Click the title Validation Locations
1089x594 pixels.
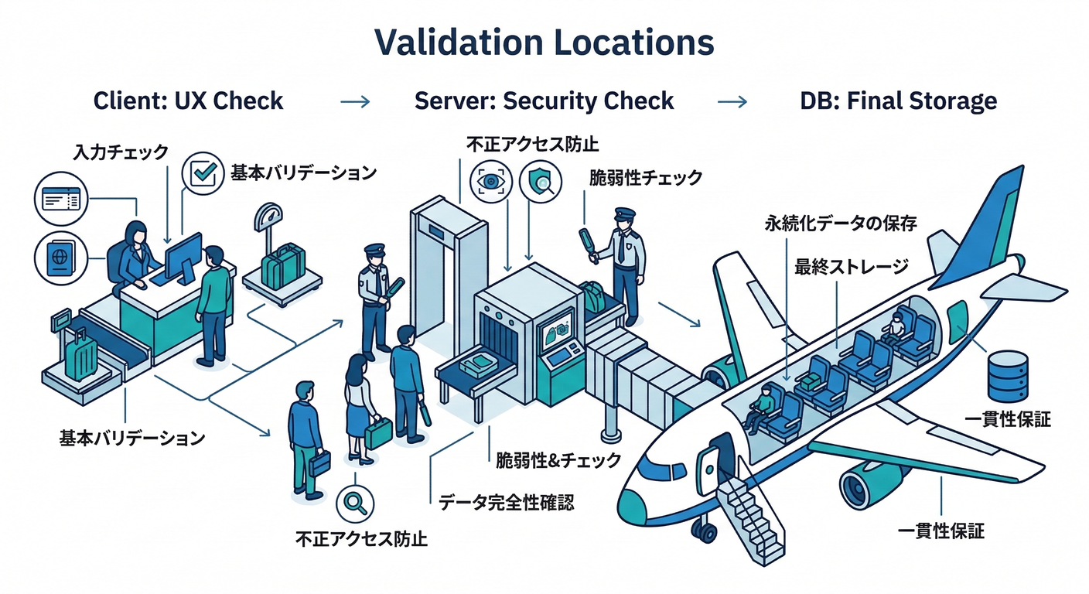[x=544, y=43]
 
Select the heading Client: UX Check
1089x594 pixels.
[x=188, y=101]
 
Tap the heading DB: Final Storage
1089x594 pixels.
[x=898, y=101]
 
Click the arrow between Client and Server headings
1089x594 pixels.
[x=355, y=101]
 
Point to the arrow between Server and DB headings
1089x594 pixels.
[x=732, y=101]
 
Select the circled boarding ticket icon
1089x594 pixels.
[x=58, y=200]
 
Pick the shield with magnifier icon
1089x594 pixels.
[x=541, y=181]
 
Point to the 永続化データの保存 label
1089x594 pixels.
[x=840, y=224]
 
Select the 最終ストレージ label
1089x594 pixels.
[x=851, y=268]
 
